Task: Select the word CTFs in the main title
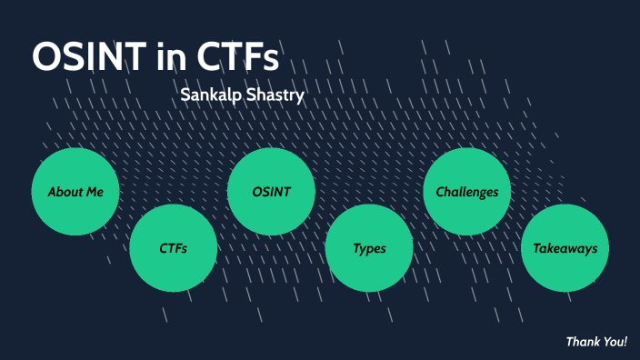point(238,56)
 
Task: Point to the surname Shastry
point(276,95)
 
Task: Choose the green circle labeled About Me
point(75,192)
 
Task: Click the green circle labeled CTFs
point(173,248)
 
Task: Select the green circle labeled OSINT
point(271,192)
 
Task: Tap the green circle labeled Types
point(369,248)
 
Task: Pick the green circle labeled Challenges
point(467,192)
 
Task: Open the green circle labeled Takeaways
point(565,248)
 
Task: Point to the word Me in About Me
point(95,192)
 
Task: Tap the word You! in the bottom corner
point(615,342)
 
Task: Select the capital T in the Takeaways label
point(536,248)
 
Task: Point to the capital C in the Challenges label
point(440,192)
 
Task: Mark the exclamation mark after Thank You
point(625,342)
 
